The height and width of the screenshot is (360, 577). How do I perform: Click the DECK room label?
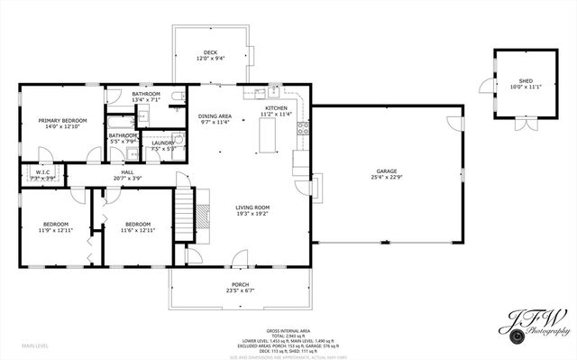click(210, 52)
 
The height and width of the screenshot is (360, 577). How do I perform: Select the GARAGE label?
click(387, 171)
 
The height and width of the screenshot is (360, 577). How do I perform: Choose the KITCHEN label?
click(276, 108)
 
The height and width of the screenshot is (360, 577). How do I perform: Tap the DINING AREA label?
click(215, 116)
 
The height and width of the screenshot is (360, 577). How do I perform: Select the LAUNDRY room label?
click(163, 143)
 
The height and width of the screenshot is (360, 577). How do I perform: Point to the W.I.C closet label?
click(42, 171)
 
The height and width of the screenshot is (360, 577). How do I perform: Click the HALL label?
click(127, 171)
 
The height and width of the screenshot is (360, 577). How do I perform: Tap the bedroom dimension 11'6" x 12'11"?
click(137, 230)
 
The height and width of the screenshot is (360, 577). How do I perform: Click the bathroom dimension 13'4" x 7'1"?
click(146, 100)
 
